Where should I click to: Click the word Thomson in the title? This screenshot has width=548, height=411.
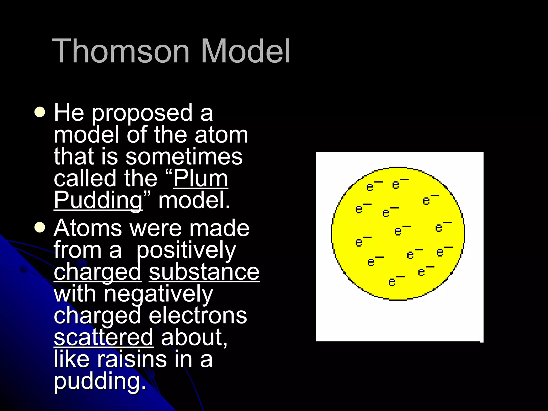[x=120, y=51]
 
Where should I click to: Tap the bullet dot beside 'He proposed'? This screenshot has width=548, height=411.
[x=40, y=112]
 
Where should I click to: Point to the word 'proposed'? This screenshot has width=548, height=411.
[x=142, y=113]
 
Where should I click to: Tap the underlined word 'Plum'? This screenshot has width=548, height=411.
[x=200, y=178]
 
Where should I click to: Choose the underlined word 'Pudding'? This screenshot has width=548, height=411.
[x=98, y=201]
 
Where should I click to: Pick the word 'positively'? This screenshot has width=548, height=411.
[x=186, y=251]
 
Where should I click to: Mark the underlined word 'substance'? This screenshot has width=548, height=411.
[x=204, y=272]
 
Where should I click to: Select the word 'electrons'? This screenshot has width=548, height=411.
[x=198, y=316]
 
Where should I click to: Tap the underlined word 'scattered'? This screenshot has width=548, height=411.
[x=104, y=337]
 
